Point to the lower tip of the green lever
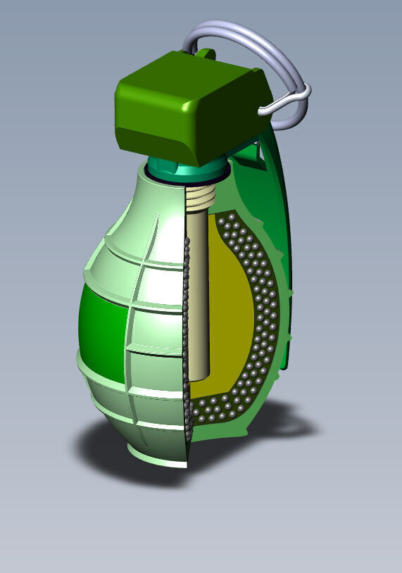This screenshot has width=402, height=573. [x=285, y=363]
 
